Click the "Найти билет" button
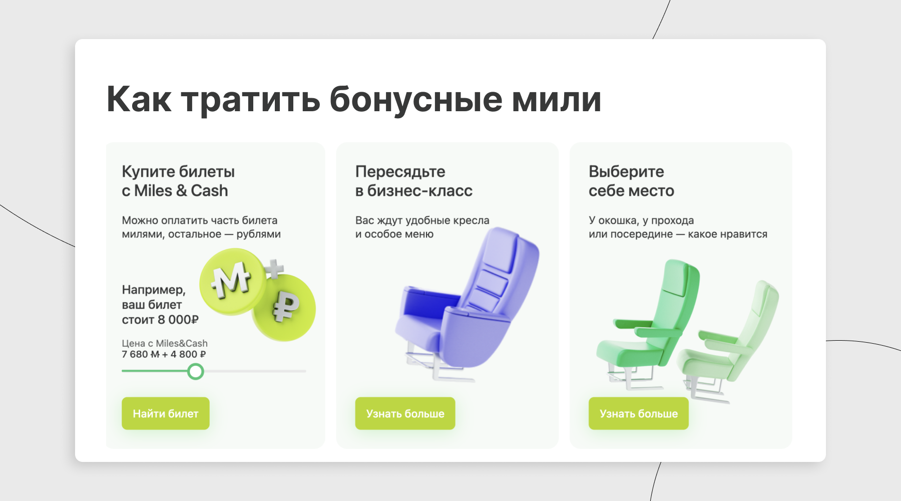[166, 413]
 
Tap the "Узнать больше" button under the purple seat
[405, 413]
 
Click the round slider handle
[196, 371]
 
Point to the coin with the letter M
[232, 281]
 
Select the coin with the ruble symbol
[285, 308]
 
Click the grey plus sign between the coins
[274, 269]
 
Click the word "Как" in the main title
[139, 99]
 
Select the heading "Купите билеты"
[178, 172]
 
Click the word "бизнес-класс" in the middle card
[420, 191]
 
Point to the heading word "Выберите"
[626, 172]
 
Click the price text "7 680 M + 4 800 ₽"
[164, 354]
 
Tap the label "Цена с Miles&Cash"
[165, 343]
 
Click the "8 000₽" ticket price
[178, 320]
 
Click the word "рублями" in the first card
[259, 234]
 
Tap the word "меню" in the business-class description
[419, 234]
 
